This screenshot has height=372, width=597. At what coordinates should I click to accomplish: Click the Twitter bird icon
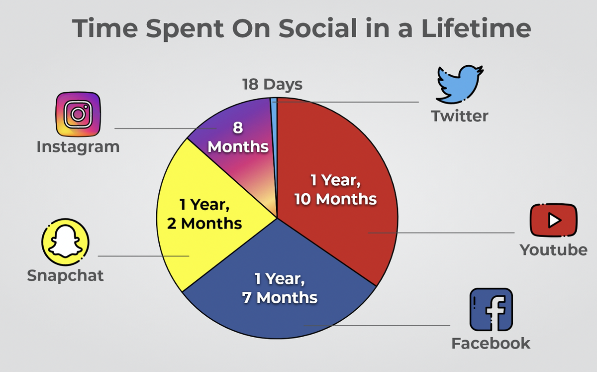(459, 84)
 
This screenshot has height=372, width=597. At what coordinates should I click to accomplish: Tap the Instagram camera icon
(78, 114)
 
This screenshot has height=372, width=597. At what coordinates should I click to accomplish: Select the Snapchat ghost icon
(65, 242)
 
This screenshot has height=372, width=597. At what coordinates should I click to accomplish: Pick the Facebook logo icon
(491, 309)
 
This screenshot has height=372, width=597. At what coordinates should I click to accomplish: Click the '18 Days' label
(272, 85)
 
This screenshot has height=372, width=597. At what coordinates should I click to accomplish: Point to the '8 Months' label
(238, 137)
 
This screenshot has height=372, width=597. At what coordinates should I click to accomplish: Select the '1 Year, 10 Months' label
(335, 190)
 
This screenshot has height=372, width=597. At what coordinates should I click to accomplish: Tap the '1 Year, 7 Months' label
(280, 288)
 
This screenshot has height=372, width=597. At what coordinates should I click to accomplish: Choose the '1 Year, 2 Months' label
(204, 214)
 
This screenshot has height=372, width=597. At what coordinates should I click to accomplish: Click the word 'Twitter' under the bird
(459, 116)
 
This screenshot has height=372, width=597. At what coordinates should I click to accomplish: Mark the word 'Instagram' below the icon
(78, 147)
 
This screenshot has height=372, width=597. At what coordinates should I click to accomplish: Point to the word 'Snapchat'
(65, 275)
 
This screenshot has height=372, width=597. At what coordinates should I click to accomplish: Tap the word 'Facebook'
(491, 343)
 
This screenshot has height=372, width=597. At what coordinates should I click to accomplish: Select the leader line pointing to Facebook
(378, 326)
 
